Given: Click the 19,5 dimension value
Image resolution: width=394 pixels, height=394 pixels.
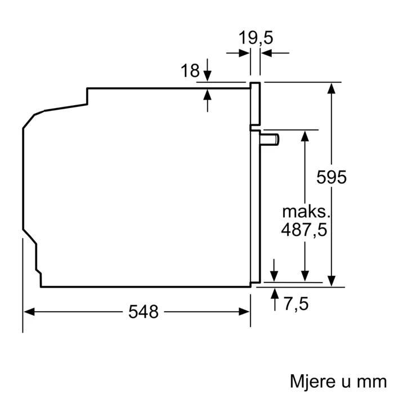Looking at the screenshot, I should (x=255, y=38).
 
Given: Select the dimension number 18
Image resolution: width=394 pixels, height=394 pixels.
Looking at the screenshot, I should (x=190, y=71).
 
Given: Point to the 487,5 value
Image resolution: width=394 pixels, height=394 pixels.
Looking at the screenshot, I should (x=305, y=230).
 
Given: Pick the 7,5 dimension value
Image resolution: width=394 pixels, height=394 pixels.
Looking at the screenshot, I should (x=296, y=305).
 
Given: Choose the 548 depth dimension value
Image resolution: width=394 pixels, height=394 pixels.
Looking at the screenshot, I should (x=143, y=311).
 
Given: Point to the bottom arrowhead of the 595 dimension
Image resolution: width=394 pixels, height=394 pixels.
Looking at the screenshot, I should (x=333, y=281).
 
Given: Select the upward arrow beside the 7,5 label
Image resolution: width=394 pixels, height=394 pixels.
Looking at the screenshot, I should (x=274, y=292).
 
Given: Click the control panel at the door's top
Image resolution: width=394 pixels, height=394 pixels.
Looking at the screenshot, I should (x=256, y=104).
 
